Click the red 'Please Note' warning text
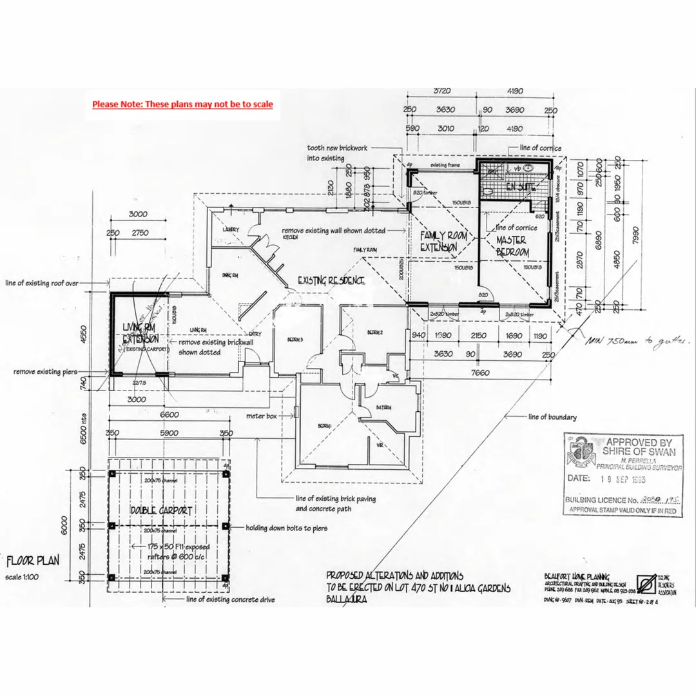click(182, 104)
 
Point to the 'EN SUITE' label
click(521, 187)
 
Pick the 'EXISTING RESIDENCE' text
click(331, 281)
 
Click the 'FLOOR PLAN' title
click(33, 560)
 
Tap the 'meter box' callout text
click(261, 416)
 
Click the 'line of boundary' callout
click(552, 417)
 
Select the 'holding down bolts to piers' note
click(286, 528)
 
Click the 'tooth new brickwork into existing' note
click(337, 153)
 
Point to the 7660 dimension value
click(479, 372)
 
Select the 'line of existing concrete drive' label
click(230, 599)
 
